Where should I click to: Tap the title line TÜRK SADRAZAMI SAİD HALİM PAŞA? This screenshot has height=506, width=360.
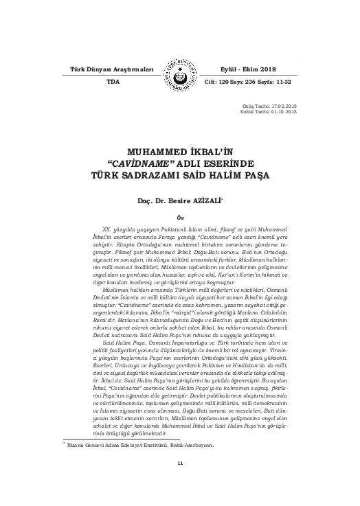[x=179, y=175]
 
